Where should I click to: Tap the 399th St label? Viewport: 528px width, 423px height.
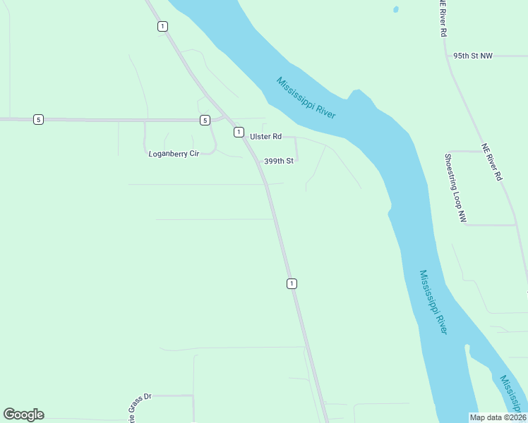pos(278,161)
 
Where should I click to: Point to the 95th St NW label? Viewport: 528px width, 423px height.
pos(473,55)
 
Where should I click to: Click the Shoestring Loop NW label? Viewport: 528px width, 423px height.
pos(455,189)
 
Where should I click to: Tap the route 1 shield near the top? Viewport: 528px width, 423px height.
pos(162,26)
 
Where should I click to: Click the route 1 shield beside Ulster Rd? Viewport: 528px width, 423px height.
pos(239,132)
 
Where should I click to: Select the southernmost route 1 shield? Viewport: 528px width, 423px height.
pos(292,283)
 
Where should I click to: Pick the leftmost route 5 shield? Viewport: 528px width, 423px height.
pos(38,120)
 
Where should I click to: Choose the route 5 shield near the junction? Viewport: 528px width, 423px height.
pos(204,120)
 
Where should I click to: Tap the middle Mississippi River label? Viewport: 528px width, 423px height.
pos(433,302)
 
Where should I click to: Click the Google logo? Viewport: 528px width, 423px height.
pos(23,415)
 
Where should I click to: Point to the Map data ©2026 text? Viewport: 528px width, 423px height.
pos(497,417)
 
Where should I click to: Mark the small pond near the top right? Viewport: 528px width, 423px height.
pos(395,9)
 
